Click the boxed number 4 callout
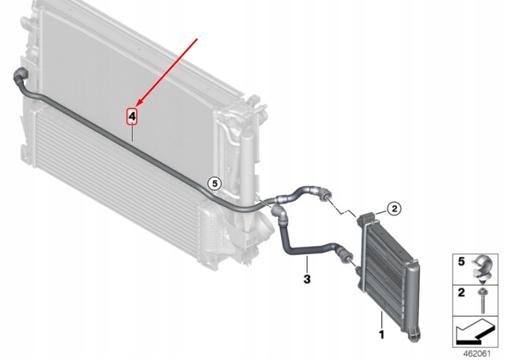132,116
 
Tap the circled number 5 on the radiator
215,184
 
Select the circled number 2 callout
394,209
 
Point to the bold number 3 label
307,279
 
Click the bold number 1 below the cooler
382,334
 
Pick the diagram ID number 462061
477,354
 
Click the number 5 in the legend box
461,261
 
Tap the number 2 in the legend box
462,292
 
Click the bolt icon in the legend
483,301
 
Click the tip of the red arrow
137,106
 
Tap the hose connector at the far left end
20,75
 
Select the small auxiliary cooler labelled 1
388,275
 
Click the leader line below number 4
132,133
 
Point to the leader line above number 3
307,264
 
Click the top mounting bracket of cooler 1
366,218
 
